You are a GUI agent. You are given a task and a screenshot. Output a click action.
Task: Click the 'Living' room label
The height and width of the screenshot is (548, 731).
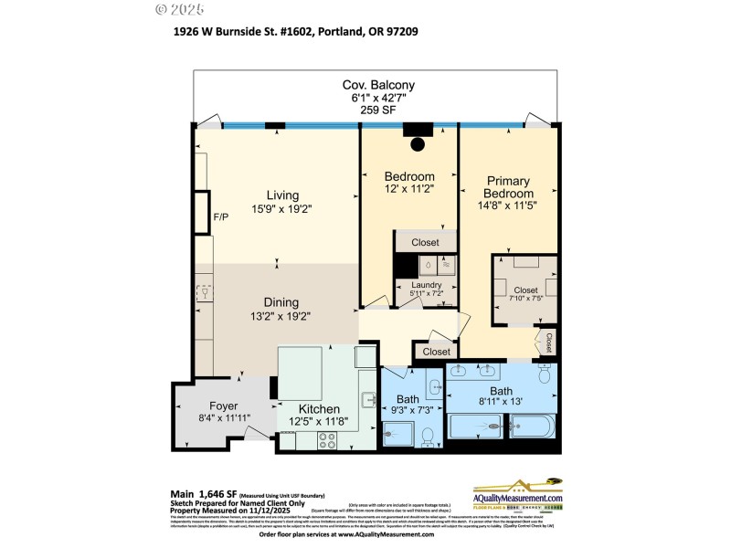click(282, 195)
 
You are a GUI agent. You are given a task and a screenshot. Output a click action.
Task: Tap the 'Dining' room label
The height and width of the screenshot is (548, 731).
click(282, 302)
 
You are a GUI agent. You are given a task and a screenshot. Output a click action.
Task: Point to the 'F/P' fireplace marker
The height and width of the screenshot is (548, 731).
click(220, 217)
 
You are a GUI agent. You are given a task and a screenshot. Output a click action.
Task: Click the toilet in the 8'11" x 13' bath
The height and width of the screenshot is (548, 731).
click(545, 374)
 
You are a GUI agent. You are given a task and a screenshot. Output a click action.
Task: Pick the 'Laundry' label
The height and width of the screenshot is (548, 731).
click(426, 285)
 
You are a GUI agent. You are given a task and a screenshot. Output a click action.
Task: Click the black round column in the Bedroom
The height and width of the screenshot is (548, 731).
click(418, 143)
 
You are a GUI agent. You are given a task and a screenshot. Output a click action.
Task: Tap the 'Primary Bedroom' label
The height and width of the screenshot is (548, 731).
click(509, 187)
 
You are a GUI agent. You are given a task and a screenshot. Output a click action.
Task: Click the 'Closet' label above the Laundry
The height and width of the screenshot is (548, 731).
click(425, 243)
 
